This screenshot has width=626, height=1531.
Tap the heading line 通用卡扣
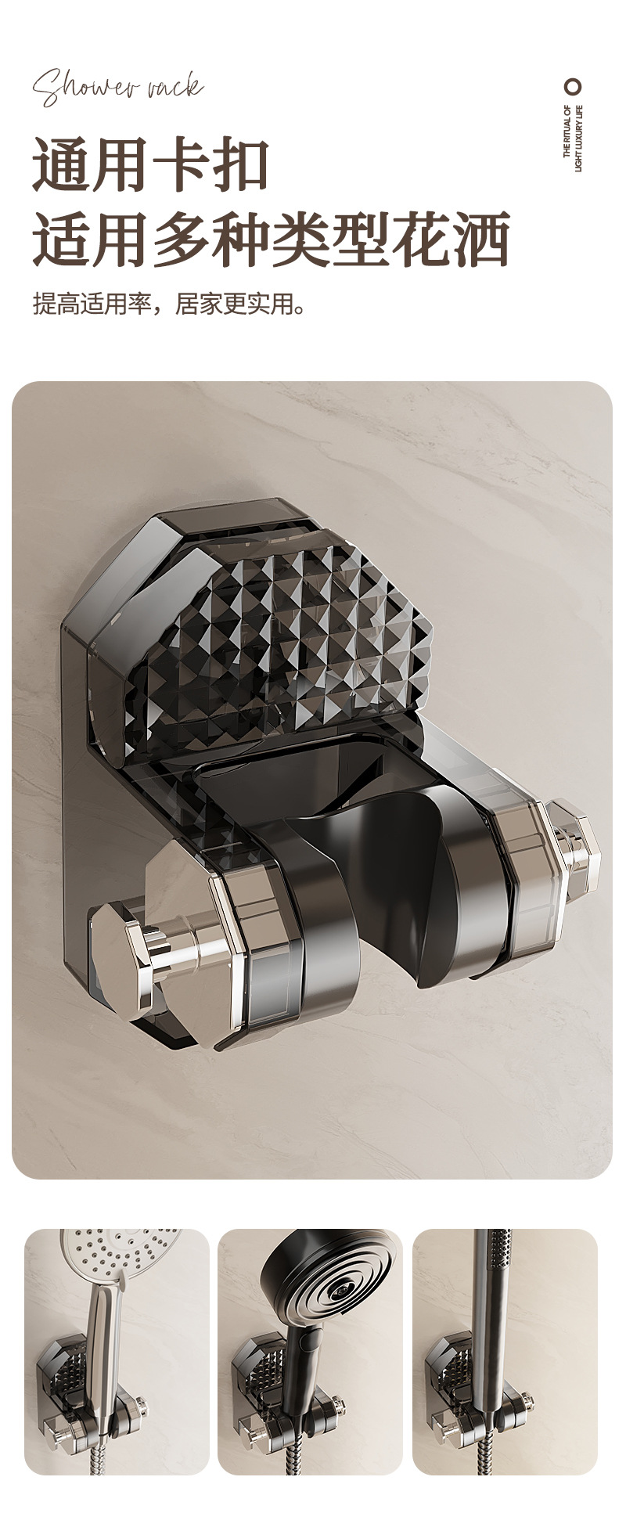(x=151, y=164)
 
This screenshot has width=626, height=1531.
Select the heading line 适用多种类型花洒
(x=271, y=238)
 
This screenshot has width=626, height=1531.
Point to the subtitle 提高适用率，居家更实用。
(x=170, y=303)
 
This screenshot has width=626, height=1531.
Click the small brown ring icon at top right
(x=574, y=86)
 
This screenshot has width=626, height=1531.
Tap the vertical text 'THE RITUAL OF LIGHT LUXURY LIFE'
(x=574, y=138)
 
